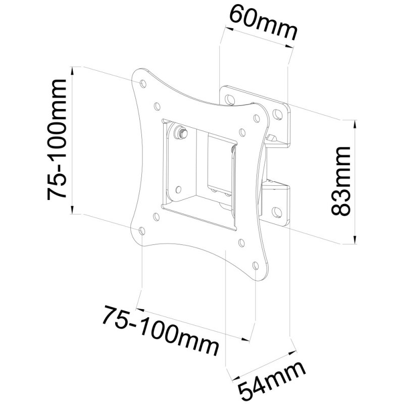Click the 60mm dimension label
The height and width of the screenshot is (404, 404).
coord(261,24)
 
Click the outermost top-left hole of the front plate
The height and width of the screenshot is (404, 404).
coord(140,81)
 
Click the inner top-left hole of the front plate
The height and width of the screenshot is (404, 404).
coord(157,107)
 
